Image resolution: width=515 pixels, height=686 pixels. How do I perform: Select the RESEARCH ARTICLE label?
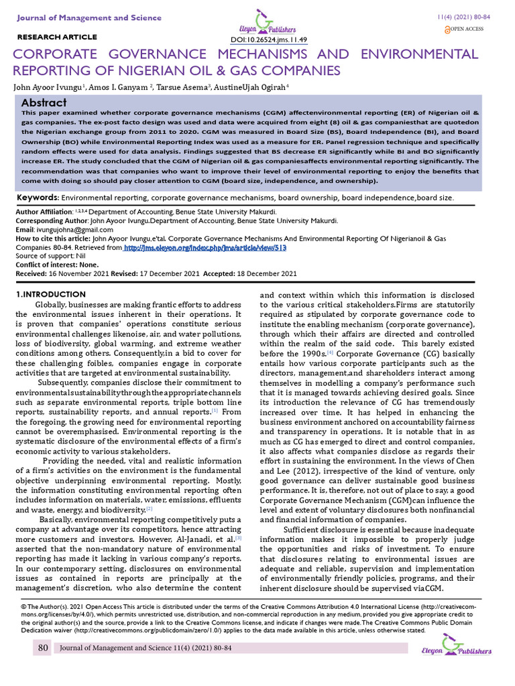click(x=56, y=37)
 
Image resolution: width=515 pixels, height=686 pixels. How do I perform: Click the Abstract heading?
click(x=44, y=102)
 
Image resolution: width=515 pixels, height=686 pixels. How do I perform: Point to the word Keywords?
click(x=38, y=198)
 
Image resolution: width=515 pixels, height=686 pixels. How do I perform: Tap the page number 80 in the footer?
click(x=42, y=648)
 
